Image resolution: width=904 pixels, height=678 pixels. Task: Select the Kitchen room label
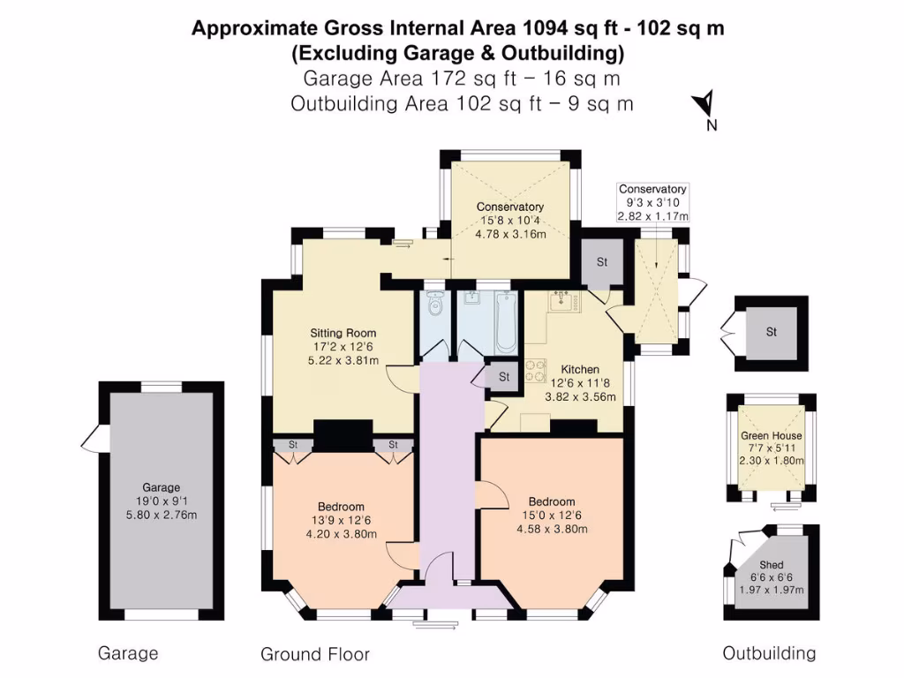coord(580,369)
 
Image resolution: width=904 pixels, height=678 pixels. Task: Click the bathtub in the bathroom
coord(503,324)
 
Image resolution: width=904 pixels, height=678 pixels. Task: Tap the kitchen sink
coord(562,302)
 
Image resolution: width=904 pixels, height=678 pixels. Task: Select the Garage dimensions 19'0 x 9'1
coord(161,501)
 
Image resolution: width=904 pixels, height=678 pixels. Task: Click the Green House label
coord(771,435)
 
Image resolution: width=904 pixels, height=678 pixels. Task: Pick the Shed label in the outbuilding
coord(771,564)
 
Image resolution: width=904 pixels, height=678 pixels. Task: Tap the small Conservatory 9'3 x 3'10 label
coord(652,190)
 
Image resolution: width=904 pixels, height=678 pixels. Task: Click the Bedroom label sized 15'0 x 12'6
coord(551,501)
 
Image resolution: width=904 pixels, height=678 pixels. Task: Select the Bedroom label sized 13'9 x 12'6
coord(341,507)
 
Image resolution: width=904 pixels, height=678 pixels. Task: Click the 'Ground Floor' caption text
coord(315,654)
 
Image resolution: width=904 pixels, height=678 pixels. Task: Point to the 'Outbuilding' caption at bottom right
coord(769,653)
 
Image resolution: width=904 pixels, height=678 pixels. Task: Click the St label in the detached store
coord(771,333)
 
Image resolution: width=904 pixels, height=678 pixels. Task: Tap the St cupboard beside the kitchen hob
coord(504,376)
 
